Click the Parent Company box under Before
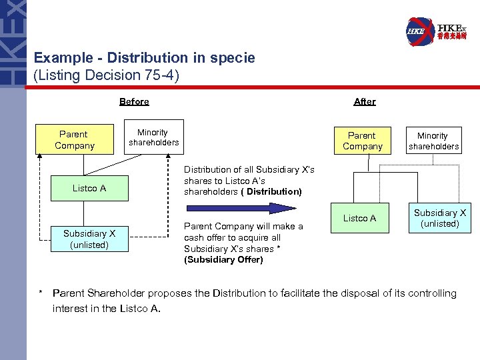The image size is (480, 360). click(x=75, y=140)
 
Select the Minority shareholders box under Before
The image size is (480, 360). click(x=154, y=137)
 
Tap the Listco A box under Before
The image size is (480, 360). click(x=89, y=189)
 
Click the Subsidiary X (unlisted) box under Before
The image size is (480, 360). click(x=89, y=239)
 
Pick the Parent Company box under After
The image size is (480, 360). click(x=362, y=141)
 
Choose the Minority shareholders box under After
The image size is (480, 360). click(x=433, y=141)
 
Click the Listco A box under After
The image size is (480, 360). click(x=359, y=218)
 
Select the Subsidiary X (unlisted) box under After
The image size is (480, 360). click(x=440, y=218)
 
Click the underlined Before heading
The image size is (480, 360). click(x=134, y=102)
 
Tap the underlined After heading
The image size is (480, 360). click(x=365, y=102)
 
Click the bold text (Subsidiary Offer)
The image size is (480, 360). click(x=223, y=260)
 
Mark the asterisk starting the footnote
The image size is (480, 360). click(x=41, y=293)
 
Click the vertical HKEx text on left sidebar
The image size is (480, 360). click(x=13, y=43)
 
